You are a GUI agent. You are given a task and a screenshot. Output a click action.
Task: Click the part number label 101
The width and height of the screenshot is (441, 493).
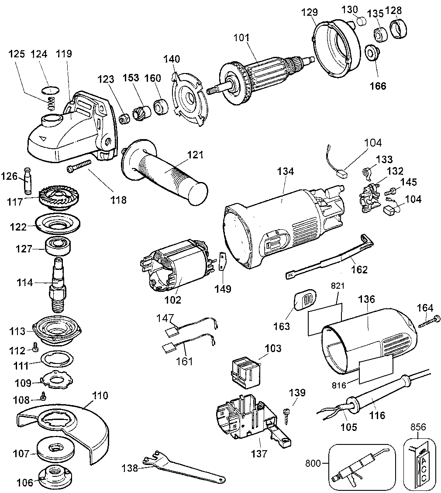[x=241, y=38]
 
